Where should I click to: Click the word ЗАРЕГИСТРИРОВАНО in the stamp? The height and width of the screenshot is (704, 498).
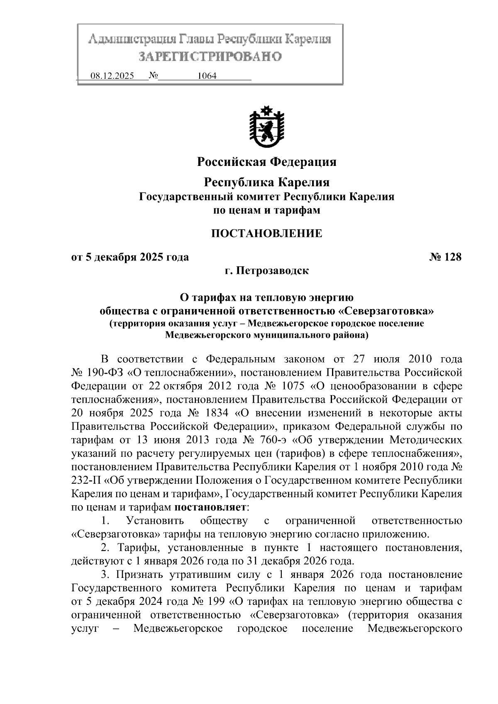tap(210, 56)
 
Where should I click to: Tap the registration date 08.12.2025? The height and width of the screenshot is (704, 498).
tap(112, 76)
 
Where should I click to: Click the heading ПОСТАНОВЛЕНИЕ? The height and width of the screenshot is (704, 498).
tap(267, 234)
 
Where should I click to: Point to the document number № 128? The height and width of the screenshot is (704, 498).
tap(445, 257)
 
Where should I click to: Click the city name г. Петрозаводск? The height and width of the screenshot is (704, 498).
tap(267, 271)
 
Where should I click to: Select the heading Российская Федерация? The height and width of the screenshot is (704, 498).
tap(266, 161)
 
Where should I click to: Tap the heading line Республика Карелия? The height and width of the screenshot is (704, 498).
tap(267, 182)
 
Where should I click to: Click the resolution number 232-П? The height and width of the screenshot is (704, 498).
tap(86, 480)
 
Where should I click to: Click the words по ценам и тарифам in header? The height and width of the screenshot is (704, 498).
tap(266, 210)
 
